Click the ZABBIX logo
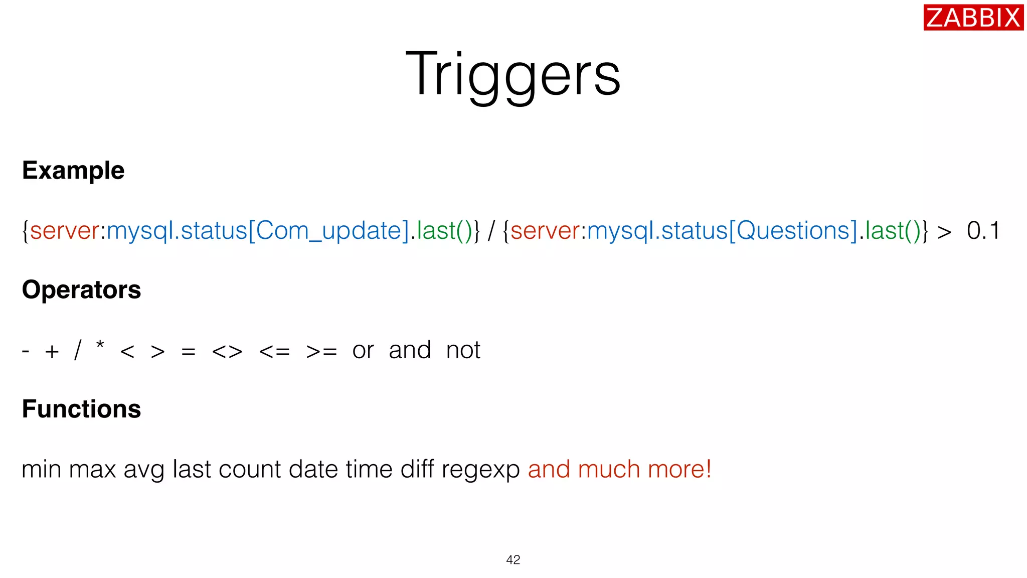coord(973,18)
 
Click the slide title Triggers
coord(513,74)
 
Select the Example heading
coord(73,171)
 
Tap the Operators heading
coord(81,290)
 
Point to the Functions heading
coord(81,409)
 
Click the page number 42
coord(513,560)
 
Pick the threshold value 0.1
coord(983,231)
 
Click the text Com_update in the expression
coord(329,231)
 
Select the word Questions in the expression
coord(792,231)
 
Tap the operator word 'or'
coord(363,350)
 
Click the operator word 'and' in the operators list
coord(410,350)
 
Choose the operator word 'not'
coord(463,350)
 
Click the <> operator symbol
coord(227,351)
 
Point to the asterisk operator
coord(100,345)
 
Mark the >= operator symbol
coord(321,351)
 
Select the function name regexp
coord(480,470)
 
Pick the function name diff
coord(417,469)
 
